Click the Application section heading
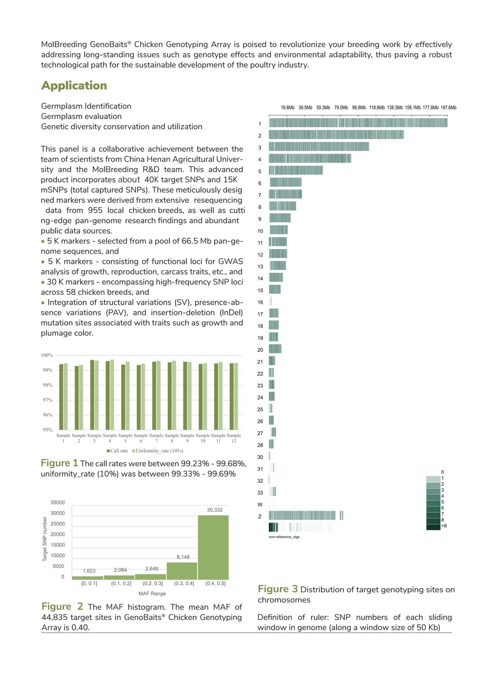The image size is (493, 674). pyautogui.click(x=74, y=85)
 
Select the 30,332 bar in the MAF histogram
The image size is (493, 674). pyautogui.click(x=213, y=547)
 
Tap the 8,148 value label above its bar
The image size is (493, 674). pyautogui.click(x=183, y=557)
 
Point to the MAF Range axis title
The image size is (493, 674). pyautogui.click(x=152, y=594)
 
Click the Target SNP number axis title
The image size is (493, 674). pyautogui.click(x=45, y=539)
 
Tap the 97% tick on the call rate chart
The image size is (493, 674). pyautogui.click(x=48, y=400)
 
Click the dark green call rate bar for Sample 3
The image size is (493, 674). pyautogui.click(x=92, y=395)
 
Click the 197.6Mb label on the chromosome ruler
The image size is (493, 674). pyautogui.click(x=448, y=108)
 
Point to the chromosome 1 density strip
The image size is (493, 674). pyautogui.click(x=358, y=123)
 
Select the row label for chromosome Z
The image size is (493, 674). pyautogui.click(x=260, y=516)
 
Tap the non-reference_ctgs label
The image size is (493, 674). pyautogui.click(x=284, y=537)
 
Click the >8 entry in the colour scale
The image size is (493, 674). pyautogui.click(x=444, y=526)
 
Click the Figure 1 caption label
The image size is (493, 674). pyautogui.click(x=59, y=463)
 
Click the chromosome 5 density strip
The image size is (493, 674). pyautogui.click(x=296, y=170)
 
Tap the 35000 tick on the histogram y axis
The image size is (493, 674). pyautogui.click(x=58, y=502)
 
